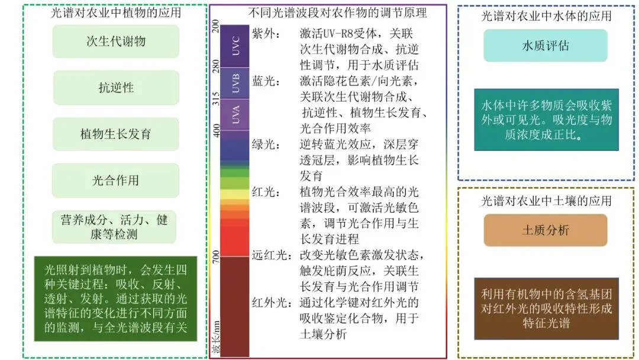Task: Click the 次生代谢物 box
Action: [x=116, y=41]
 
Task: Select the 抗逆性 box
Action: [x=116, y=88]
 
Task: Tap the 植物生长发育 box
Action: [x=116, y=134]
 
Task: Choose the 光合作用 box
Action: [x=116, y=180]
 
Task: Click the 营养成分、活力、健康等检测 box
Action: [x=114, y=227]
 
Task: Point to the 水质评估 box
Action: [x=546, y=46]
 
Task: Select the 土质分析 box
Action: [x=546, y=230]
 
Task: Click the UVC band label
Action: [x=236, y=46]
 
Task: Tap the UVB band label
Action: [x=236, y=83]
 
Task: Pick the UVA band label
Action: [x=236, y=115]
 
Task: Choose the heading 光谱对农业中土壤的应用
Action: [x=546, y=201]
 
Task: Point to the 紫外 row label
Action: [x=262, y=33]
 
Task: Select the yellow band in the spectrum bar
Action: [x=235, y=194]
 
